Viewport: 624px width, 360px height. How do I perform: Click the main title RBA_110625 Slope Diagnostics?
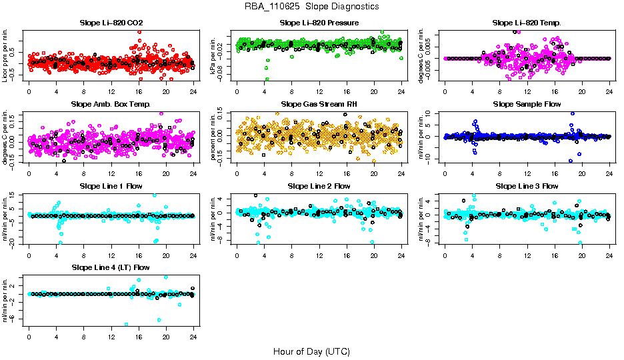(x=311, y=6)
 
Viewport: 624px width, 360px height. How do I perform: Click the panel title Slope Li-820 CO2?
(x=111, y=23)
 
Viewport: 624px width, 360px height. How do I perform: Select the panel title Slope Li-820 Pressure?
(x=319, y=23)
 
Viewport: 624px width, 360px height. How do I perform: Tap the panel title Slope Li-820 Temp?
(x=527, y=23)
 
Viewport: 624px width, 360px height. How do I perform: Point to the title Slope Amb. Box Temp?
(x=111, y=105)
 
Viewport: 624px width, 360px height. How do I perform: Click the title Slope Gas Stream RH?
(x=319, y=105)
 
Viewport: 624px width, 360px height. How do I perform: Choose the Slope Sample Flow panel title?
(x=527, y=105)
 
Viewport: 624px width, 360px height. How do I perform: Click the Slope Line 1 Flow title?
(x=111, y=186)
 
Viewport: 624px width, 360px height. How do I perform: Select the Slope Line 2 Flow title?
(x=319, y=186)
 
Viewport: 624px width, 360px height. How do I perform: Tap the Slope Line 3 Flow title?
(x=527, y=186)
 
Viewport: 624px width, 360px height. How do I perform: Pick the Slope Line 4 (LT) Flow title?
(x=111, y=267)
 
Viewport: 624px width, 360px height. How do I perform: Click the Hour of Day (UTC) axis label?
(x=311, y=351)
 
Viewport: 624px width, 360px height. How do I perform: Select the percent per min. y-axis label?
(x=214, y=137)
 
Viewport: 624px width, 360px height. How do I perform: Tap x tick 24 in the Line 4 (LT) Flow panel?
(x=193, y=337)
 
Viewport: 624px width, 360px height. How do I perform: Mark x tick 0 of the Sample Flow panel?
(x=445, y=174)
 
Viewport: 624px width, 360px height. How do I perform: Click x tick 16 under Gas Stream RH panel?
(x=347, y=174)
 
